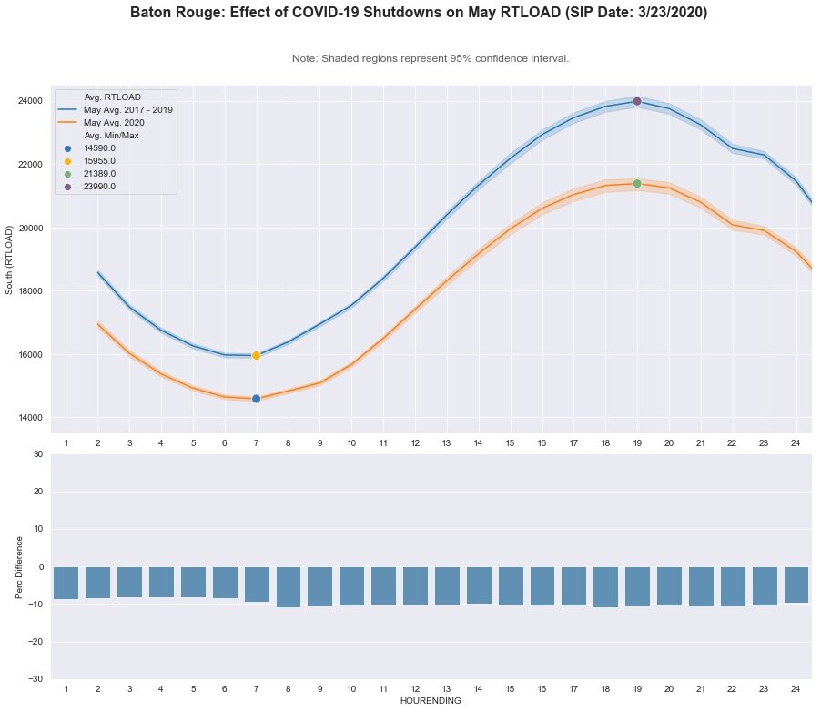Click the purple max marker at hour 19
(637, 101)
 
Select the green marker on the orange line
(637, 183)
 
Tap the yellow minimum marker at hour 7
(256, 355)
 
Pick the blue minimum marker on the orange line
(256, 399)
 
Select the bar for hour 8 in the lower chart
(288, 586)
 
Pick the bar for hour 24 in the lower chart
(796, 585)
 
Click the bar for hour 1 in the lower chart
(66, 583)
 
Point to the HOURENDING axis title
(431, 701)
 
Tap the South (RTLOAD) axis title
(11, 259)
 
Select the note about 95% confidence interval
(431, 58)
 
